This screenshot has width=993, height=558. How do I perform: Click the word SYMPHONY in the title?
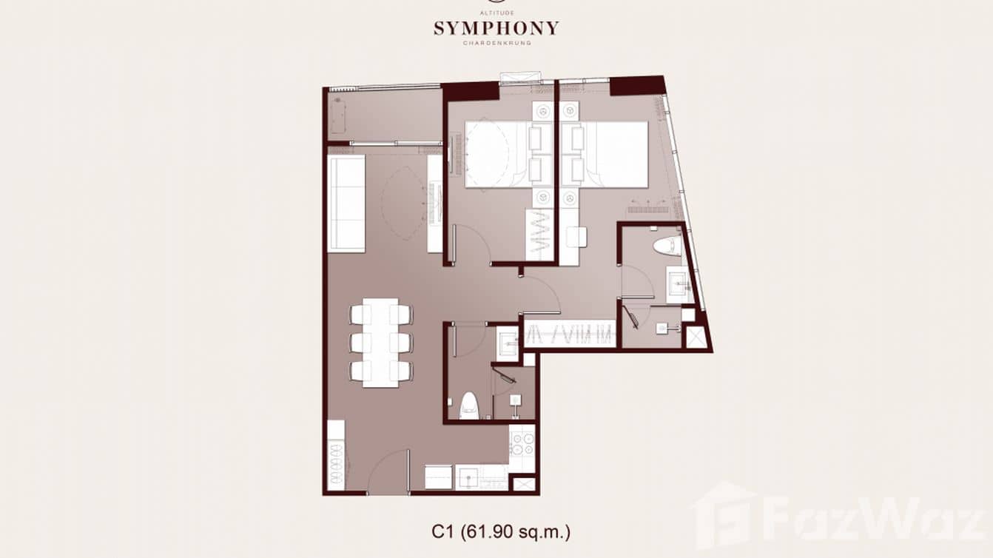tap(496, 29)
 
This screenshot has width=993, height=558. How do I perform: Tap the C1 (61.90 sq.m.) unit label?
tap(501, 531)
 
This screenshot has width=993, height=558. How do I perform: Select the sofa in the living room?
tap(346, 204)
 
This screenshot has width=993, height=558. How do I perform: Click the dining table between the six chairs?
tap(380, 343)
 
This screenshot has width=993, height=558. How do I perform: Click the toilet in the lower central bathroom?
tap(468, 406)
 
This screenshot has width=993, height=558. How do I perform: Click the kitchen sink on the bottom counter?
tap(468, 478)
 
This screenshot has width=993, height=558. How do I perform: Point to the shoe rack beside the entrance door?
tap(336, 456)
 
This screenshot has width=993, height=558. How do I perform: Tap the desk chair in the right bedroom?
tap(576, 236)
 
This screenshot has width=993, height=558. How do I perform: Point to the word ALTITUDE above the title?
tap(496, 13)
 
